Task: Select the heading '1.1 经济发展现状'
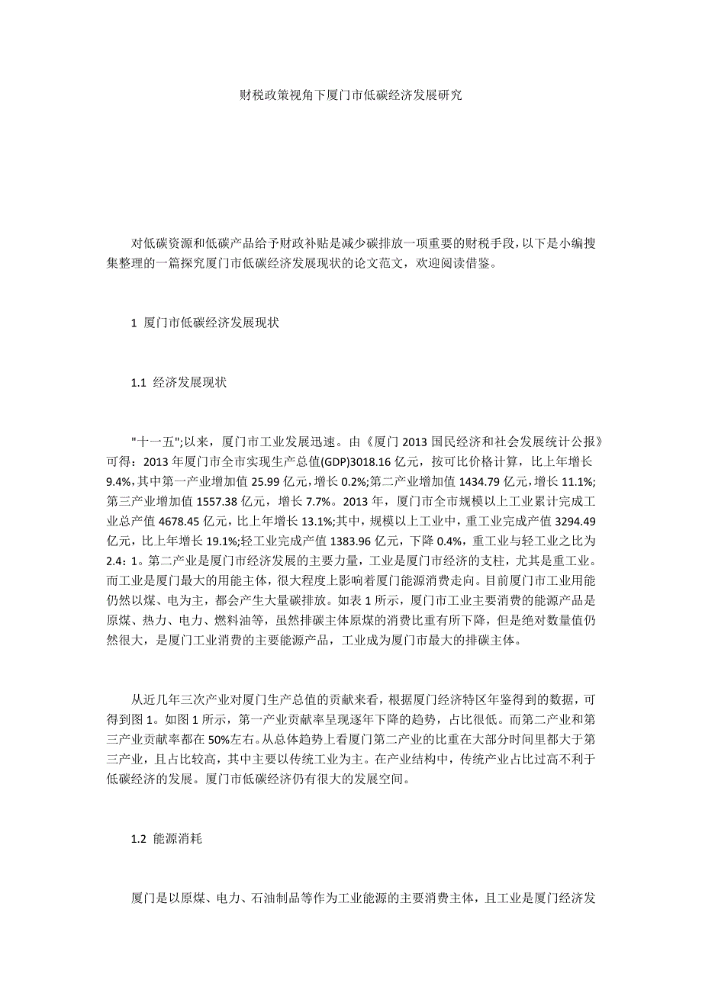179,383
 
